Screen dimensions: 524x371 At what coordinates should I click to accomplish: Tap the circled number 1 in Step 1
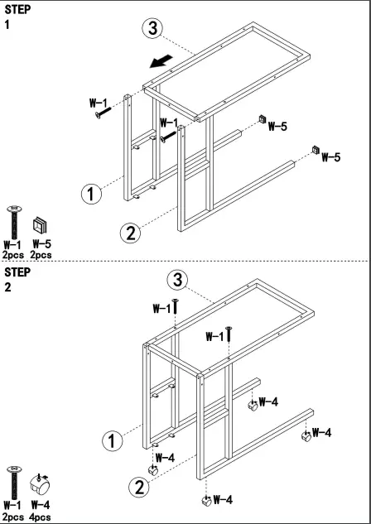click(x=92, y=195)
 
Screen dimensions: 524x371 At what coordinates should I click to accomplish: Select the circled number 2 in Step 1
click(x=130, y=233)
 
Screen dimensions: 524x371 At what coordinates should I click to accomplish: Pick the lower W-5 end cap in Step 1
click(x=316, y=149)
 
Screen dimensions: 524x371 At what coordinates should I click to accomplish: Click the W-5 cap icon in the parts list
click(x=40, y=224)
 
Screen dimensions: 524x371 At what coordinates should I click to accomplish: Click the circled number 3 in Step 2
click(x=175, y=278)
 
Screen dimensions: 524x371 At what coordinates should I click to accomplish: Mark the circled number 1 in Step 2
click(x=109, y=438)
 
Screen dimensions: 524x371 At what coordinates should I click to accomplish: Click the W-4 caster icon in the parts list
click(x=38, y=483)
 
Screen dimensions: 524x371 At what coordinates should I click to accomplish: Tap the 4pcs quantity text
click(x=40, y=516)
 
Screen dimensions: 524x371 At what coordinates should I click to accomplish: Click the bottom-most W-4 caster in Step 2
click(x=205, y=500)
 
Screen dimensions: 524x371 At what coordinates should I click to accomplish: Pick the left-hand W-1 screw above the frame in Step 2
click(x=176, y=308)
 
